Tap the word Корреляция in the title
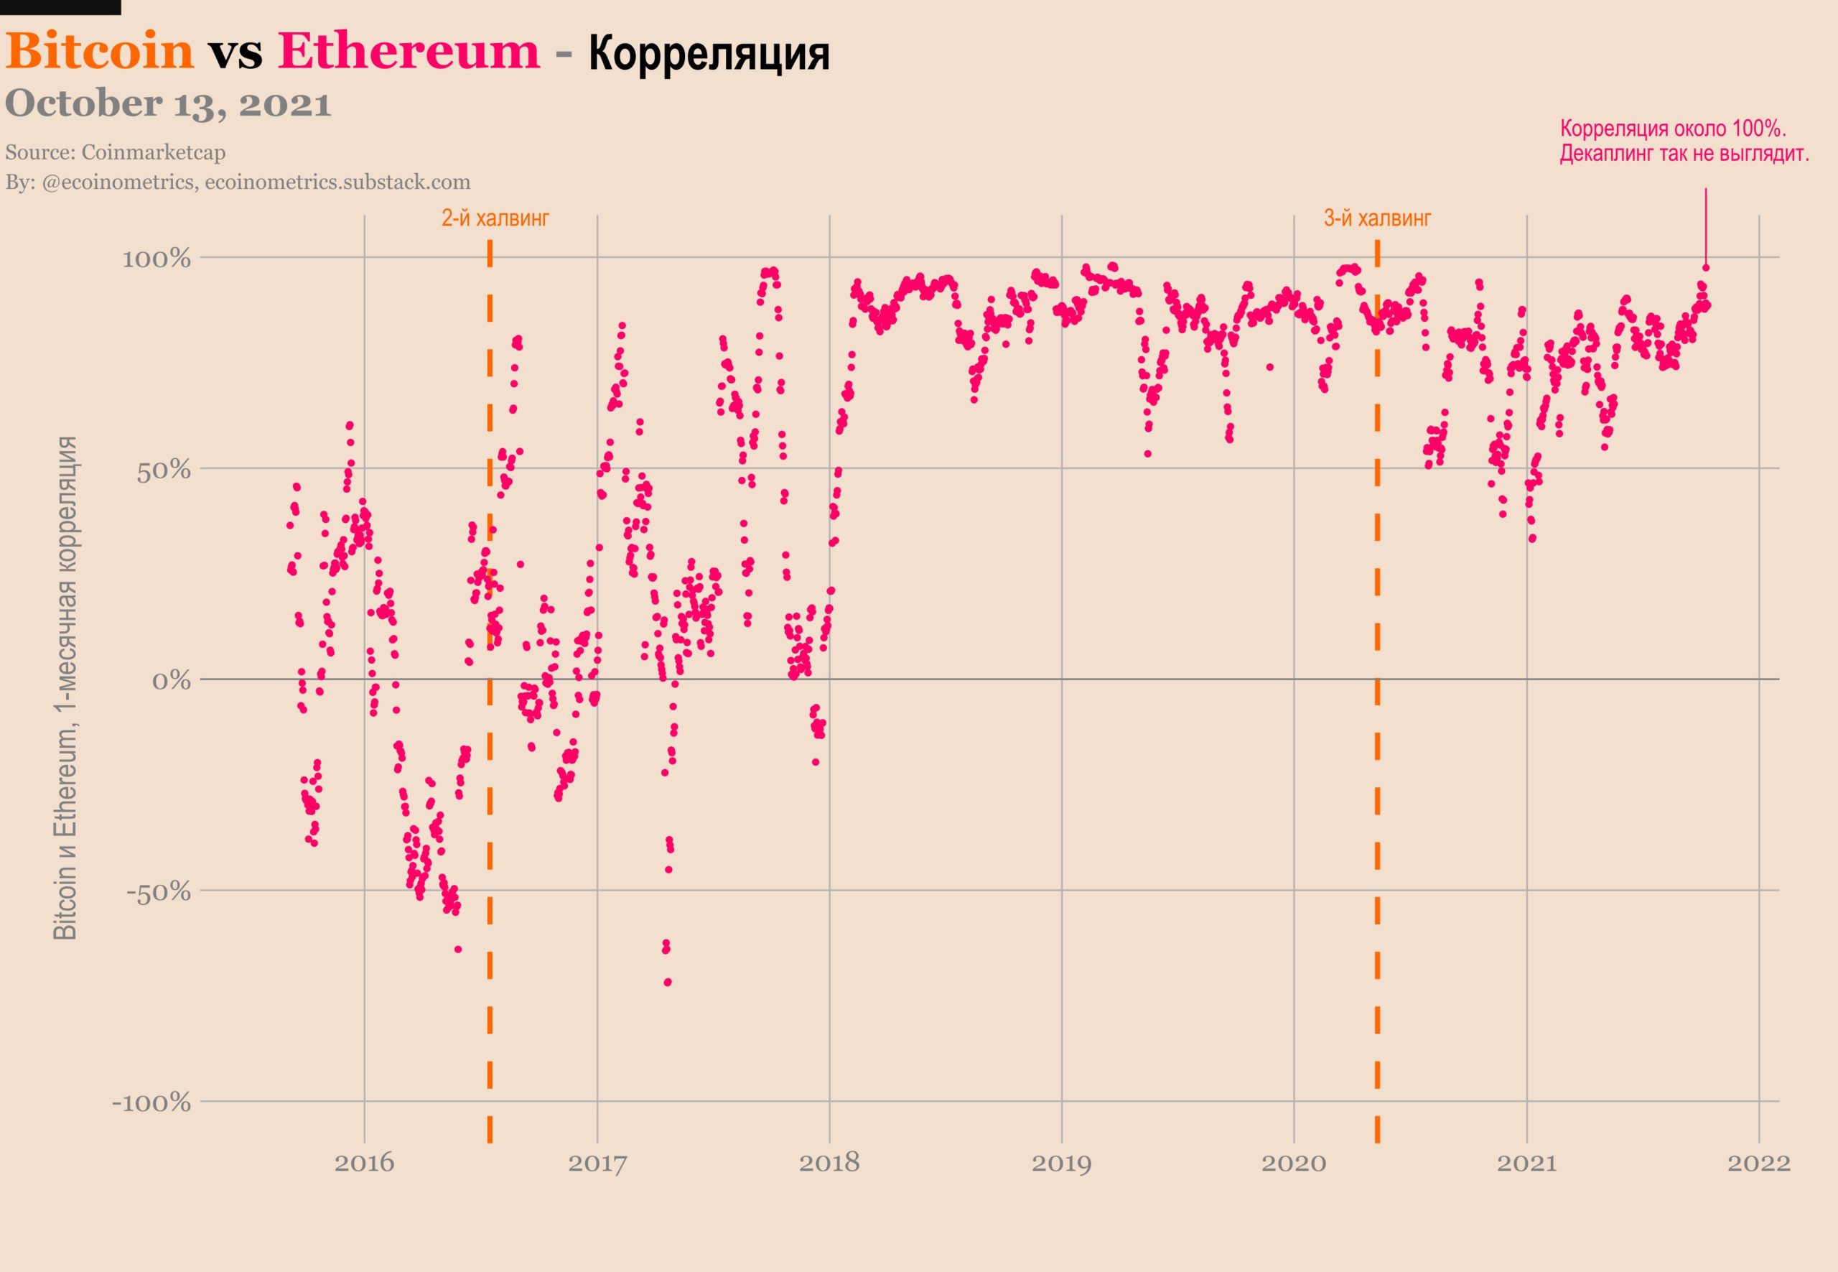(709, 54)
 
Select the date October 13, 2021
(168, 104)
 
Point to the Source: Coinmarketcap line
(116, 152)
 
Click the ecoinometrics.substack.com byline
(337, 182)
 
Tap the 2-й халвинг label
(495, 218)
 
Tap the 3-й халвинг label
(1377, 218)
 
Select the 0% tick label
(172, 682)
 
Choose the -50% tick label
(159, 892)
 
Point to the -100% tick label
(152, 1103)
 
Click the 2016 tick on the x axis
(364, 1163)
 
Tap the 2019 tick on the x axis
(1061, 1163)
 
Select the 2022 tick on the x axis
(1758, 1163)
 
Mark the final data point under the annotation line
(1706, 268)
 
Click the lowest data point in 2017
(668, 982)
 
